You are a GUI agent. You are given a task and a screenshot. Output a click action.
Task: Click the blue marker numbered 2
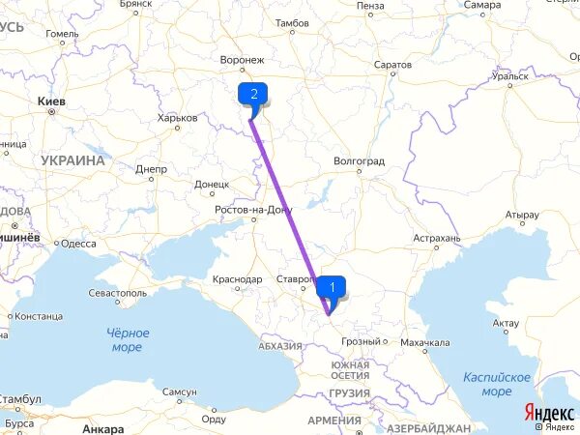pos(253,94)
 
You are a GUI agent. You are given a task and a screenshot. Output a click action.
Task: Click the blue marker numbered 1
pos(333,286)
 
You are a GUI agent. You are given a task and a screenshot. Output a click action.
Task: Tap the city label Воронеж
pos(242,60)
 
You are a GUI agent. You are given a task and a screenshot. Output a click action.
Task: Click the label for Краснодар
pos(235,279)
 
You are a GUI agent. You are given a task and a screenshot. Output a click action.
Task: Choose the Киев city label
pos(49,101)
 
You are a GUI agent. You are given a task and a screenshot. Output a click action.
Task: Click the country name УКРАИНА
pos(73,160)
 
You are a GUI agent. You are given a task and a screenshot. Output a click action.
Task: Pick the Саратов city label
pos(393,65)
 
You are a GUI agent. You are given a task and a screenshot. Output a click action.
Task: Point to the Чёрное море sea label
pos(126,340)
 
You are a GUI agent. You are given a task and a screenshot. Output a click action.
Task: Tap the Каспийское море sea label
pos(496,384)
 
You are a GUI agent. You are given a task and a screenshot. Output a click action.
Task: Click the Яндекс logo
pos(548,412)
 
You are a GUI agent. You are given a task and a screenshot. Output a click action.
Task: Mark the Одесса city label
pos(79,244)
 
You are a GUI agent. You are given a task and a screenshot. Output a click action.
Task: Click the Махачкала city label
pos(425,342)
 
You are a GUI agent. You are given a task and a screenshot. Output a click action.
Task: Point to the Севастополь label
pos(117,292)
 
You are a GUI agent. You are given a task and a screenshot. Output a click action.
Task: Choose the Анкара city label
pos(103,428)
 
